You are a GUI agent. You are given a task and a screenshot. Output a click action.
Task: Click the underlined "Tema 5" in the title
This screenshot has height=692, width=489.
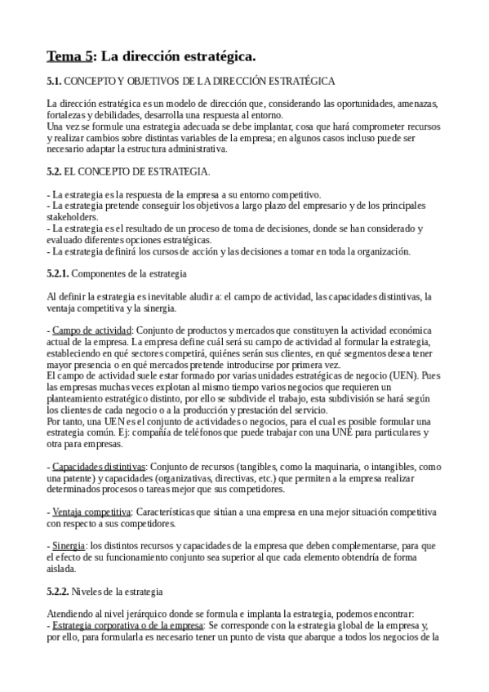(69, 56)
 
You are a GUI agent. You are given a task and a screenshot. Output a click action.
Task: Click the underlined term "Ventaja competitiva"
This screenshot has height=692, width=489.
(91, 512)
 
